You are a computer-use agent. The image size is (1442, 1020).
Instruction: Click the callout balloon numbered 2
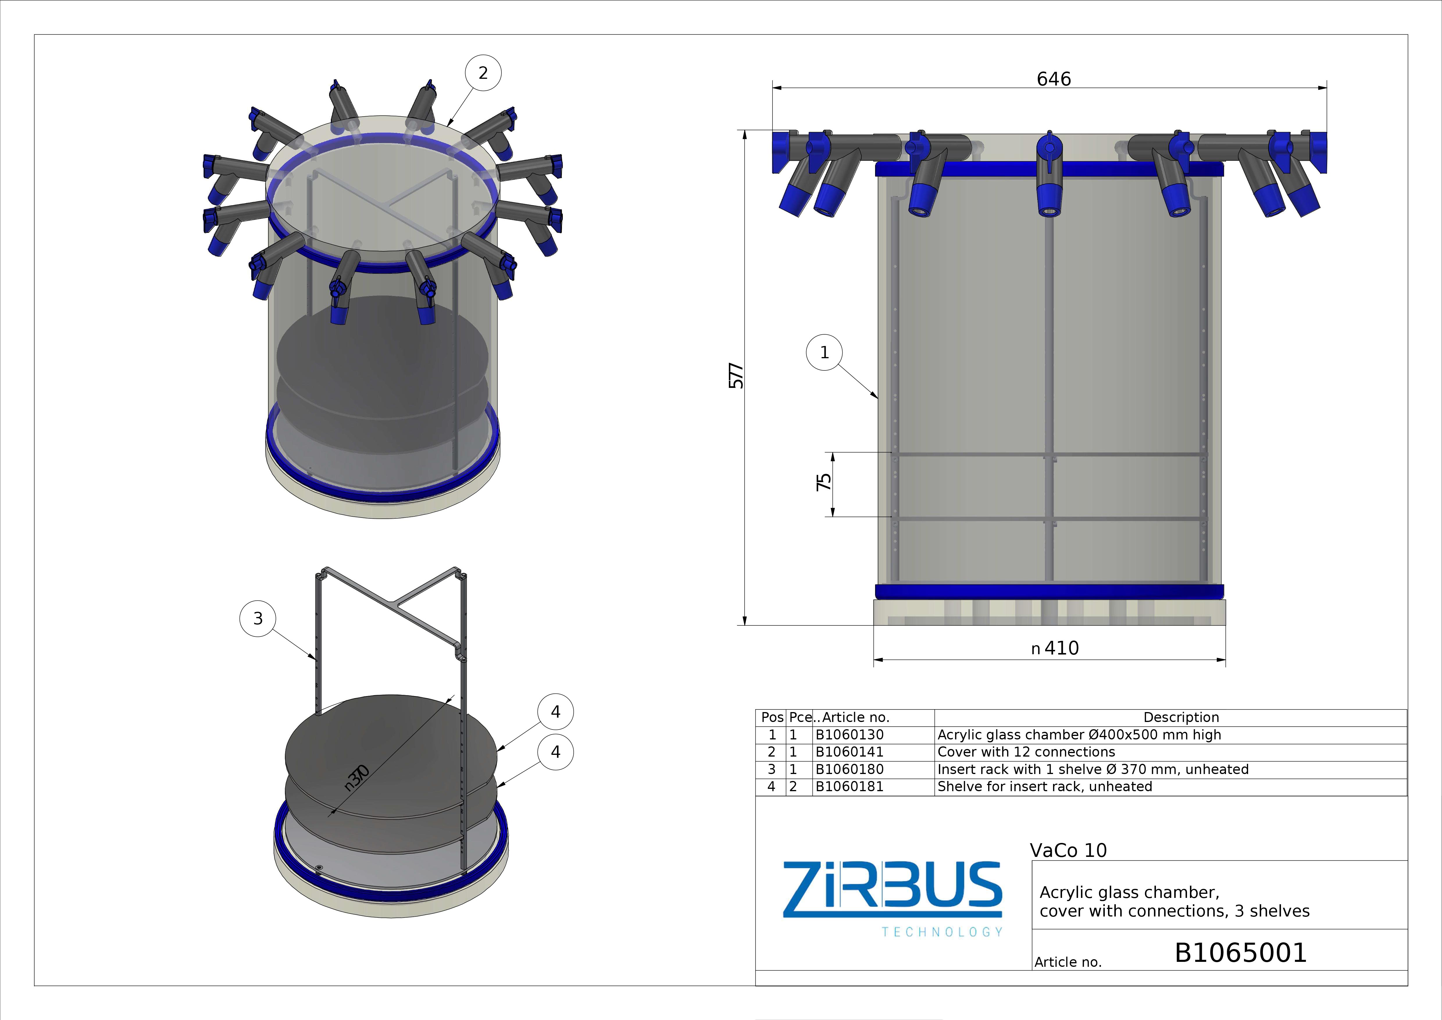[483, 73]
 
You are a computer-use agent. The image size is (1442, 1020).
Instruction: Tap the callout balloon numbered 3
[258, 619]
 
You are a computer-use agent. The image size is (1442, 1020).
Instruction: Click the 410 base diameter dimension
[1055, 648]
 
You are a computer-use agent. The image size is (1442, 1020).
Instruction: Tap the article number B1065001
[1241, 953]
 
